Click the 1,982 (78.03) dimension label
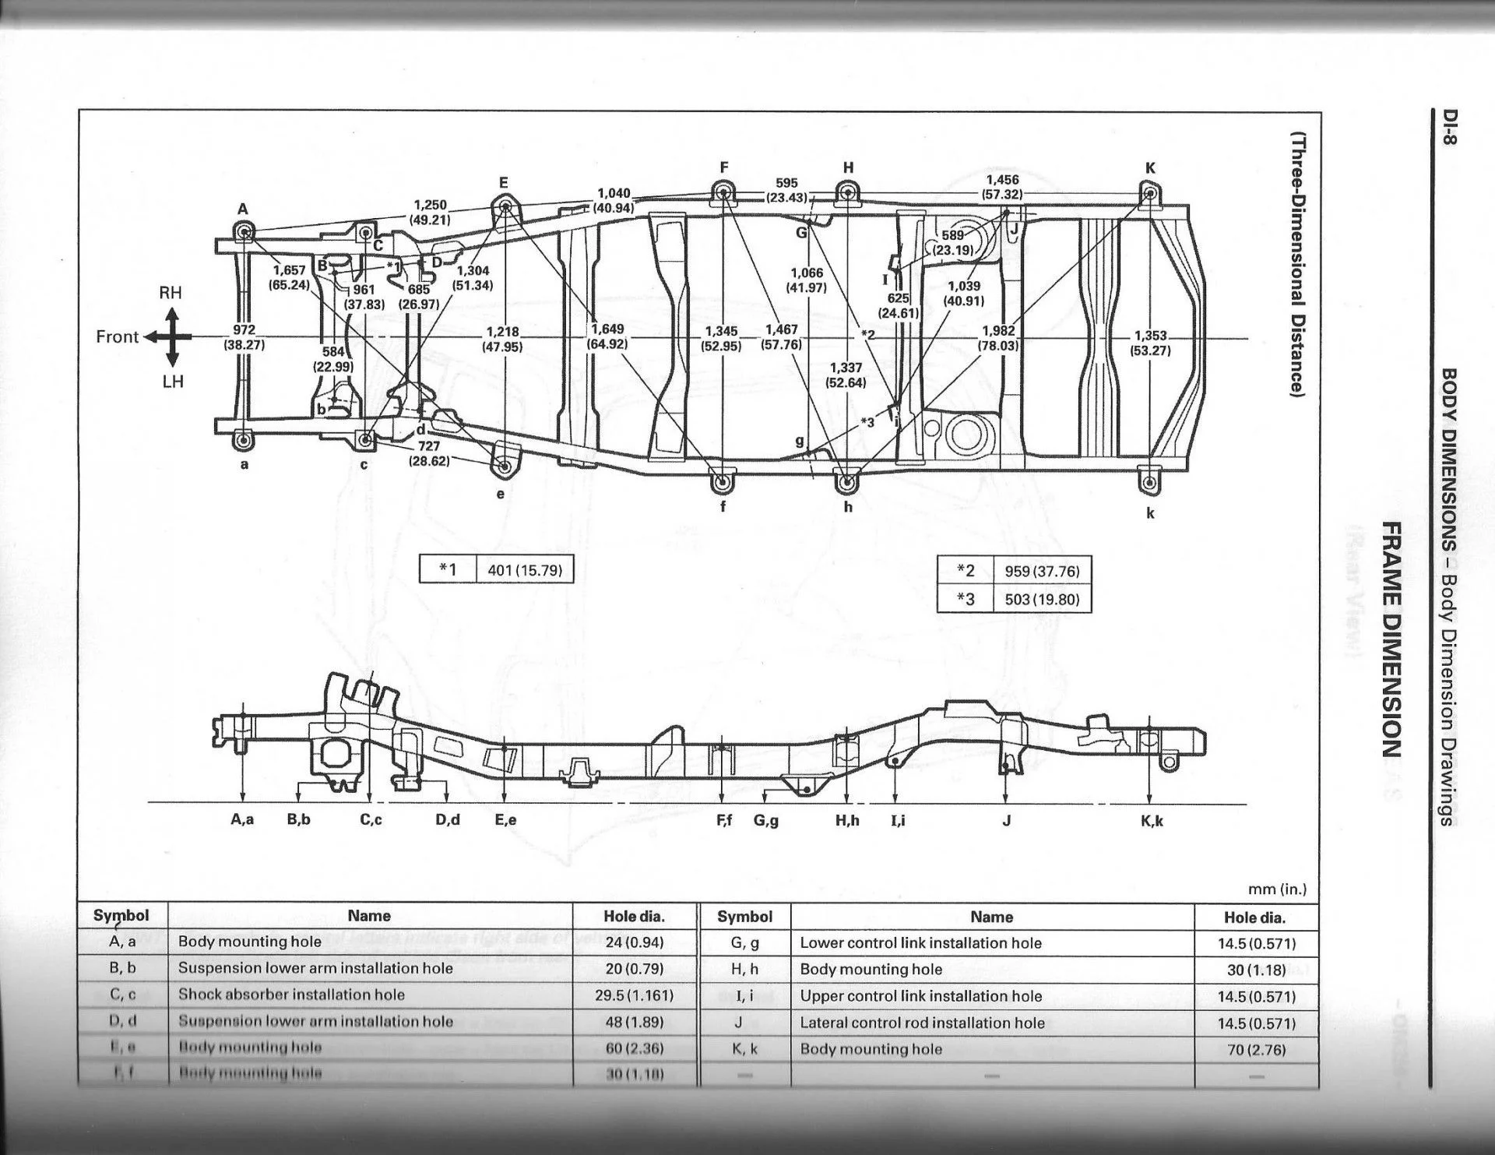tap(998, 337)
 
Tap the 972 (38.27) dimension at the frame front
tap(244, 336)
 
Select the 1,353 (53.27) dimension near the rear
tap(1150, 343)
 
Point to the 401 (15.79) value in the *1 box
tap(524, 570)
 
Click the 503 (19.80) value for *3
tap(1042, 600)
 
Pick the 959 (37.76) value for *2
tap(1042, 571)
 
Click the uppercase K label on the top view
tap(1150, 168)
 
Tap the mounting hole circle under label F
tap(723, 193)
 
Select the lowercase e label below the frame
tap(501, 493)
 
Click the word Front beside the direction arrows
tap(117, 336)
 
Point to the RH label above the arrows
tap(171, 293)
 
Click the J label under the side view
tap(1006, 820)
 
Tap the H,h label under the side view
tap(847, 820)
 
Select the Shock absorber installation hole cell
tap(291, 995)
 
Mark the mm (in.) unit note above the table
tap(1277, 889)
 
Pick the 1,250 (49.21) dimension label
tap(430, 212)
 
